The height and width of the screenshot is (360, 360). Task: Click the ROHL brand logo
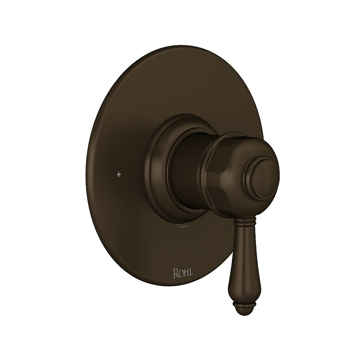point(183,273)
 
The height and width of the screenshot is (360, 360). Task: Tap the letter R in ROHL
point(176,273)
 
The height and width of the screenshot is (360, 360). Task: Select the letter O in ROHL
point(181,273)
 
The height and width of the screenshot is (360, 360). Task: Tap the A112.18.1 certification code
point(185,227)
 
